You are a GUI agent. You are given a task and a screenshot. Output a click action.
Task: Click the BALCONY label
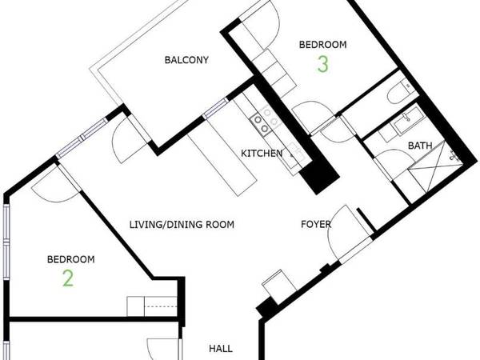pos(186,60)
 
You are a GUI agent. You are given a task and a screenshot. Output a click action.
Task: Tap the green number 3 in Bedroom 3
pos(322,65)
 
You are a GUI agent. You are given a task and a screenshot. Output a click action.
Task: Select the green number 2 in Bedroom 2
pos(69,278)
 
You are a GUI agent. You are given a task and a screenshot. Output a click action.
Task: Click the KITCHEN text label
pos(262,153)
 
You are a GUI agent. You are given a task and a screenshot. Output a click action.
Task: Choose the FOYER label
pos(316,225)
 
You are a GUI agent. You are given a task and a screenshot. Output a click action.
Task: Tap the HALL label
pos(220,349)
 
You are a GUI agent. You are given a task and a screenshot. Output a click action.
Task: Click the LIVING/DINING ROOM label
pos(182,225)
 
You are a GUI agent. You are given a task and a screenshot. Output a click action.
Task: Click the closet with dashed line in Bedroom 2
pos(151,306)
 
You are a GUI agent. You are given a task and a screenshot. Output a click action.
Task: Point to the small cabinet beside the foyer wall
pos(274,284)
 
